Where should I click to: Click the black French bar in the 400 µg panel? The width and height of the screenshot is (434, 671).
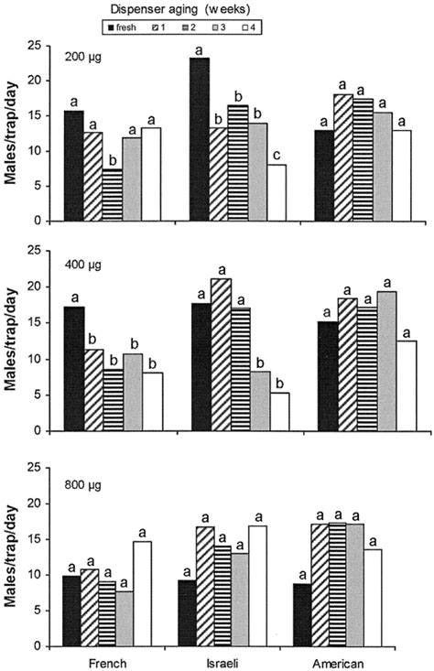tap(73, 369)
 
